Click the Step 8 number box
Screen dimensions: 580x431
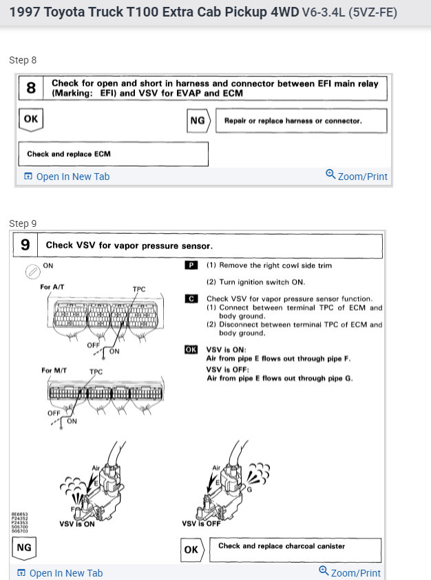pyautogui.click(x=31, y=88)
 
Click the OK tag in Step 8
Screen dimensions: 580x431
pyautogui.click(x=30, y=119)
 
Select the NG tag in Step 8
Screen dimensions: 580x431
pyautogui.click(x=198, y=121)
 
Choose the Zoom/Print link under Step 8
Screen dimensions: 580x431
pyautogui.click(x=357, y=176)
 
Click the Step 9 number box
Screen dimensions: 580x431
pyautogui.click(x=25, y=245)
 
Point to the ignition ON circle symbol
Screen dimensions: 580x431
pyautogui.click(x=32, y=271)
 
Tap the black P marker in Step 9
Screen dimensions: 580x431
pyautogui.click(x=191, y=266)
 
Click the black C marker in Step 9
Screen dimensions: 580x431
pyautogui.click(x=191, y=299)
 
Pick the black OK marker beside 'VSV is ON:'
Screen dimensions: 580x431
pyautogui.click(x=191, y=350)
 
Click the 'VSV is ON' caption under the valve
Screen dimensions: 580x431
pyautogui.click(x=77, y=524)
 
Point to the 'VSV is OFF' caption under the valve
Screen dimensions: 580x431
pyautogui.click(x=202, y=524)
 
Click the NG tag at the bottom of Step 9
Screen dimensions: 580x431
pyautogui.click(x=23, y=548)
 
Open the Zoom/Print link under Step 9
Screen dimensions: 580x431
pyautogui.click(x=350, y=572)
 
